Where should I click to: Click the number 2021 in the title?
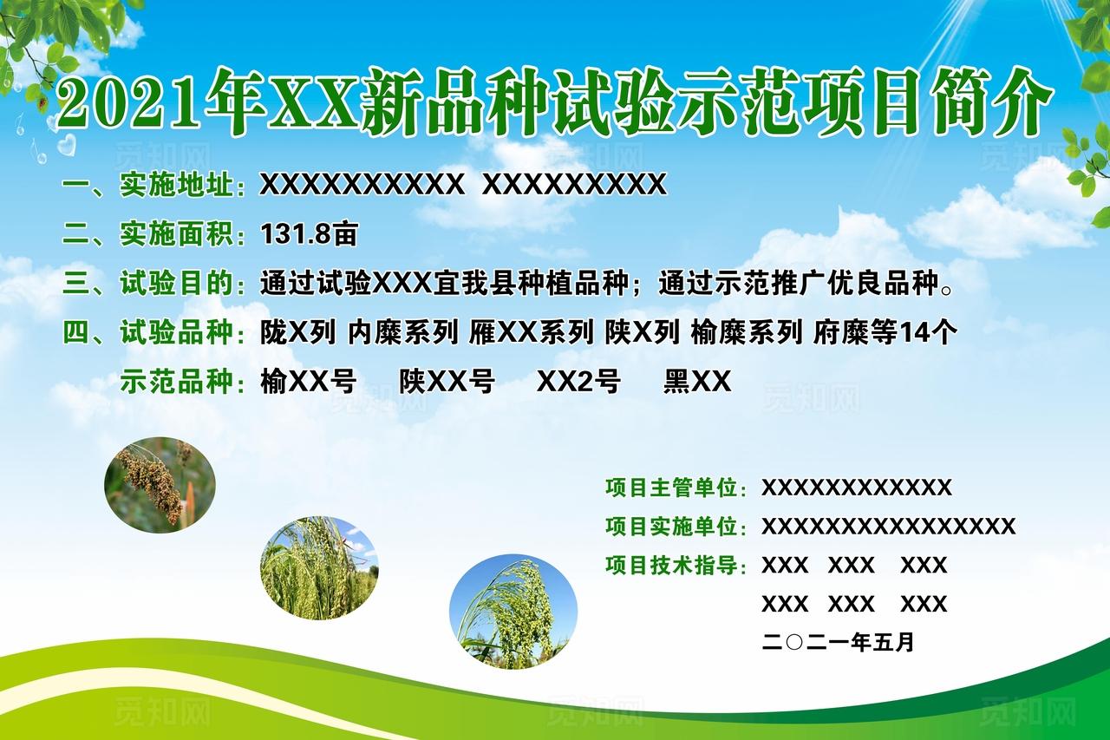[129, 102]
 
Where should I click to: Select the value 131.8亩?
[309, 233]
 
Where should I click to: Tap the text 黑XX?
[697, 382]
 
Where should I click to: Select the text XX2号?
[578, 382]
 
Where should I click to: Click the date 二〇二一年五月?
[838, 643]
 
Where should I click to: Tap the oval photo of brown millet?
[160, 484]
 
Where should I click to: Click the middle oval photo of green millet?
[319, 568]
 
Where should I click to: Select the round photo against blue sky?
[513, 612]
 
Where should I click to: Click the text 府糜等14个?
[885, 332]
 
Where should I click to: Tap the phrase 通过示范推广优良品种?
[798, 283]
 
